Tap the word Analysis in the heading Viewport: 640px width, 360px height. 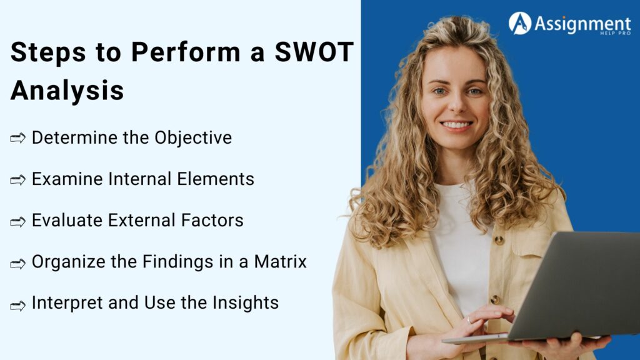point(67,91)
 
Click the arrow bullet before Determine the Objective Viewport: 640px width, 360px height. point(17,139)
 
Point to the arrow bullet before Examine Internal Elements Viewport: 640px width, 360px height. point(17,180)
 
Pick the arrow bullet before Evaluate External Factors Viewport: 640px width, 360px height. point(17,221)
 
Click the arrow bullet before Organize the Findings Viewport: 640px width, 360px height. point(17,263)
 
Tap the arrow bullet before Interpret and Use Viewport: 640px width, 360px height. point(17,304)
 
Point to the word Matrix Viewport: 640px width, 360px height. point(280,261)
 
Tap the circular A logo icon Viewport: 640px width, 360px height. point(519,23)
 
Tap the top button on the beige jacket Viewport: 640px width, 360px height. point(499,239)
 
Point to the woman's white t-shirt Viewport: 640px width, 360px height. point(459,250)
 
